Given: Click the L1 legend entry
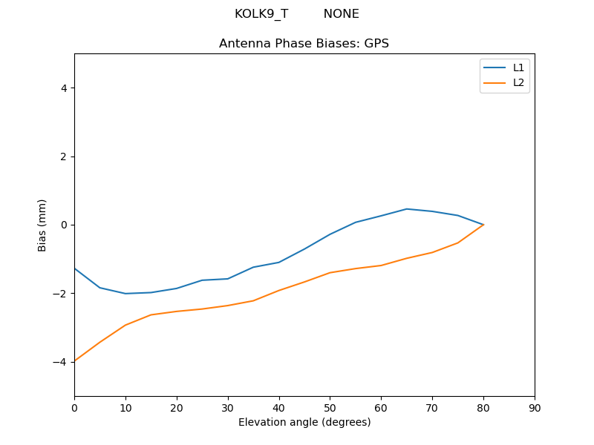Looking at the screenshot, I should [518, 67].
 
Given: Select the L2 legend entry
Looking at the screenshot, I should [518, 82].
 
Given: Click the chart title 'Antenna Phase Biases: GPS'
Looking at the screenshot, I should [304, 44].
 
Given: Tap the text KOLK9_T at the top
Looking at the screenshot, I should [261, 14].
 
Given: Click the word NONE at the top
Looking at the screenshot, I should [341, 14].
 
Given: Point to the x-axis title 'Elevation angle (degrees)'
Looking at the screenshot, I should [304, 422].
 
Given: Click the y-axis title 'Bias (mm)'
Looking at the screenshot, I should [42, 225].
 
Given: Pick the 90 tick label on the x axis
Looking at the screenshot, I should [535, 407].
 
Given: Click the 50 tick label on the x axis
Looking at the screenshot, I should [330, 407].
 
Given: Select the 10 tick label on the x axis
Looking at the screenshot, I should [125, 407].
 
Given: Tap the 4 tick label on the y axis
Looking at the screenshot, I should [63, 88].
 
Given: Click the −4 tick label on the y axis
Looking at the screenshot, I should [60, 362].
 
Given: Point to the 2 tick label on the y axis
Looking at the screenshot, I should [63, 156].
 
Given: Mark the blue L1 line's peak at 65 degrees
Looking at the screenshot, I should [406, 209].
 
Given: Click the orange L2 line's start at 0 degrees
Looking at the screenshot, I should [75, 361].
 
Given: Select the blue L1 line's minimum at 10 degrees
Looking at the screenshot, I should [125, 294].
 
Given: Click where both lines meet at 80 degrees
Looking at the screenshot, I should [483, 225].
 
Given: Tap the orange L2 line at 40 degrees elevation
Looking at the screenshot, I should [278, 291].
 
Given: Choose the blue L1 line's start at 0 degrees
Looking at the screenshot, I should [75, 268].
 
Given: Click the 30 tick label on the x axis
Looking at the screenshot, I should [228, 407].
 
